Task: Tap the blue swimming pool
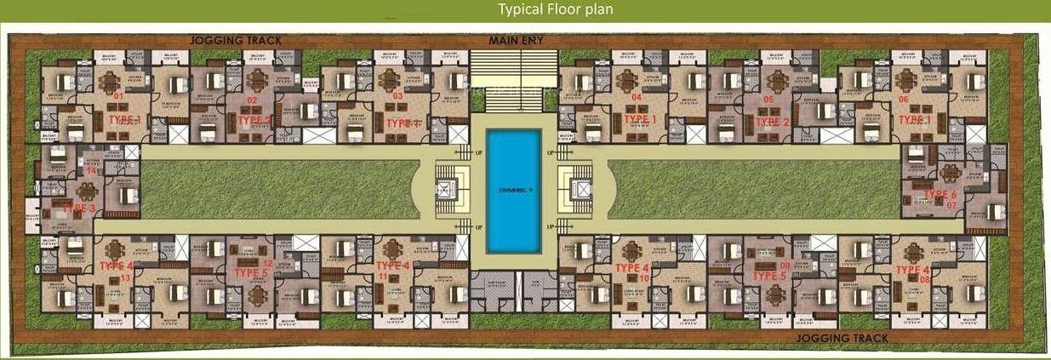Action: tap(513, 191)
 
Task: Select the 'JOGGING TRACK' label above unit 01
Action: tap(235, 40)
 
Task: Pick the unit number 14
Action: tap(91, 170)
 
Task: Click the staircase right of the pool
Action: tap(578, 191)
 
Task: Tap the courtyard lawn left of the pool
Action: tap(272, 189)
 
